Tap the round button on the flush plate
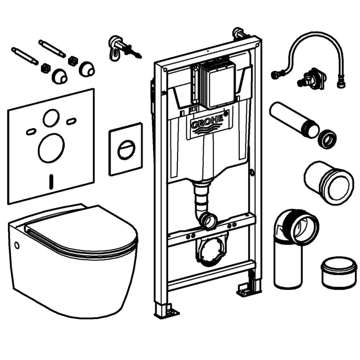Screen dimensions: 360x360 [x=126, y=150]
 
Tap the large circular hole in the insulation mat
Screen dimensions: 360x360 [x=51, y=148]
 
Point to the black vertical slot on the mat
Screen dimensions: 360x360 [x=51, y=180]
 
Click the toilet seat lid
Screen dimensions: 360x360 [x=83, y=232]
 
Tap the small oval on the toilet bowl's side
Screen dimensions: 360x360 [x=17, y=245]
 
